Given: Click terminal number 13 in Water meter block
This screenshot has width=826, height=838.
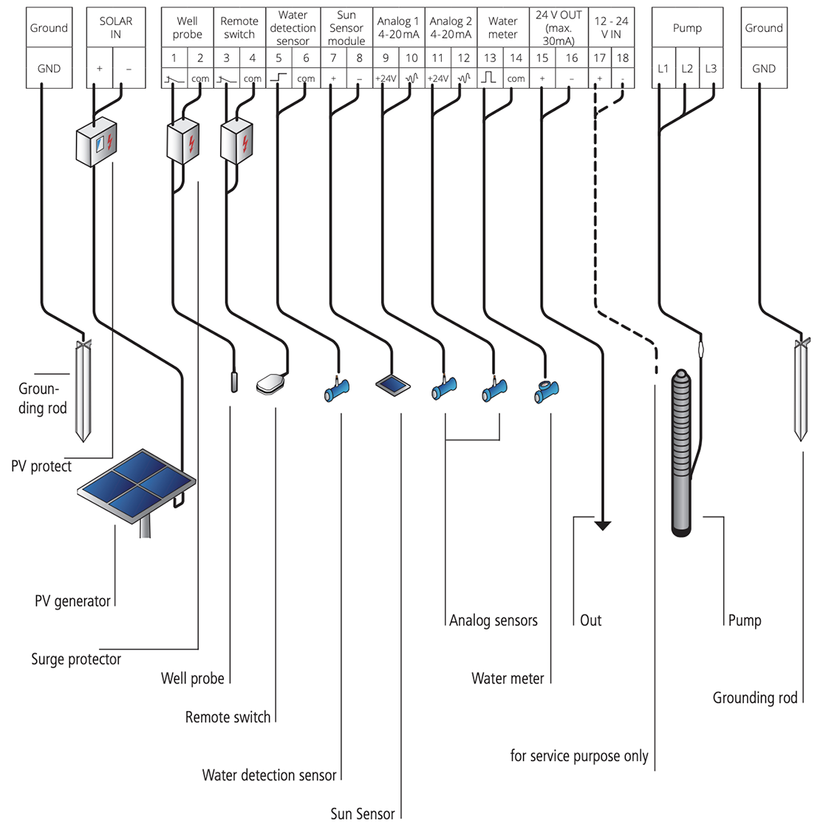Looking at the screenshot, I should [x=490, y=58].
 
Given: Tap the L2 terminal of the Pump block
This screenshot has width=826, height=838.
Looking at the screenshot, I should [x=687, y=69].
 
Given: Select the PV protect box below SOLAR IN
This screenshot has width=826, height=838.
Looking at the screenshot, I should [x=97, y=141].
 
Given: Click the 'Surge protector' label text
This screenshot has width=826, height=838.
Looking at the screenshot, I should [x=76, y=659].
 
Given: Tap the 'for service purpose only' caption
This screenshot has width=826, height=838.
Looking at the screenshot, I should [x=579, y=756].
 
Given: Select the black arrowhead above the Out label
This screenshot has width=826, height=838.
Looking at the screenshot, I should [x=603, y=525].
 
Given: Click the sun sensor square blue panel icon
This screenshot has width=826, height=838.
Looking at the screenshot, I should [x=392, y=384].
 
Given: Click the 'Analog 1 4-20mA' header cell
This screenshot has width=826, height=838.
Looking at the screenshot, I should [x=398, y=28].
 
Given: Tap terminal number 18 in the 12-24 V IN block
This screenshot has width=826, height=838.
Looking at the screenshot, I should [x=623, y=58].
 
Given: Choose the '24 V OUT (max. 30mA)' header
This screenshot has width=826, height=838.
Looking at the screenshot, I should [x=559, y=28].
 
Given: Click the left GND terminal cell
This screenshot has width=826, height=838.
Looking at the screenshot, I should [x=49, y=69].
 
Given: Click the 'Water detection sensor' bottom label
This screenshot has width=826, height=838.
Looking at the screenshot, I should [x=269, y=775].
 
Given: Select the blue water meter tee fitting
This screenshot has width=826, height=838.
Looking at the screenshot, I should [x=547, y=390].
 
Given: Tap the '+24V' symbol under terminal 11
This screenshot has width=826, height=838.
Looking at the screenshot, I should [x=437, y=78].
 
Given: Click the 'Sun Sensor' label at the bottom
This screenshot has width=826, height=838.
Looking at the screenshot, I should [x=362, y=814].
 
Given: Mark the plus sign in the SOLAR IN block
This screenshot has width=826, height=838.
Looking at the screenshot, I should [x=100, y=69].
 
